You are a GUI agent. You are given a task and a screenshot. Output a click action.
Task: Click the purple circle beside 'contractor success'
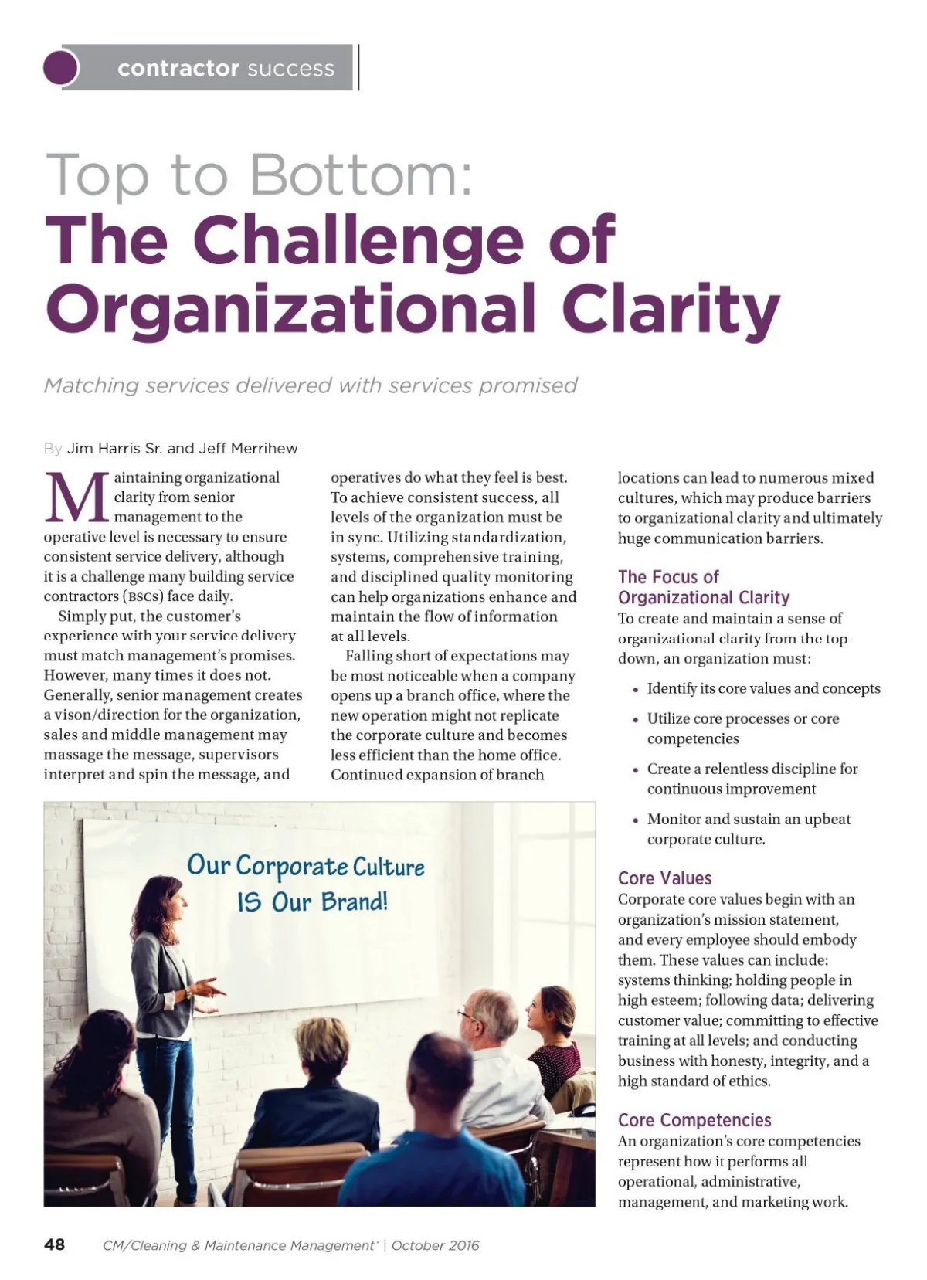pos(61,67)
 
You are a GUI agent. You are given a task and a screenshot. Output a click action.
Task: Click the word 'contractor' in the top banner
pos(178,69)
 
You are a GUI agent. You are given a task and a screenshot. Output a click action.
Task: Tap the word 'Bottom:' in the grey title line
pos(361,175)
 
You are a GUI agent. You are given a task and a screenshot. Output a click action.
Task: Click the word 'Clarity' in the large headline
pos(670,307)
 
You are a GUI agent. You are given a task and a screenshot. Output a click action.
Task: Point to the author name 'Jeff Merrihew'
pos(248,448)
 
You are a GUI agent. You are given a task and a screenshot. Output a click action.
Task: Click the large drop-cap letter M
pos(76,498)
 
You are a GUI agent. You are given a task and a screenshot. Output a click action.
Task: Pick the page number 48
pos(55,1244)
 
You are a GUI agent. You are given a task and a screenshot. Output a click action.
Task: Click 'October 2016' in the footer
pos(435,1245)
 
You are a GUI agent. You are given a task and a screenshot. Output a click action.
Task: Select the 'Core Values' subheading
pos(664,878)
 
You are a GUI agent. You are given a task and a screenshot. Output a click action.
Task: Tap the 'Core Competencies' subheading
pos(694,1120)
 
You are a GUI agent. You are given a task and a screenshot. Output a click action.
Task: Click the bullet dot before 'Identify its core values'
pos(635,690)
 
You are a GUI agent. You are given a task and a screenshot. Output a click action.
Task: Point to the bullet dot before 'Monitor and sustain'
pos(635,820)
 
